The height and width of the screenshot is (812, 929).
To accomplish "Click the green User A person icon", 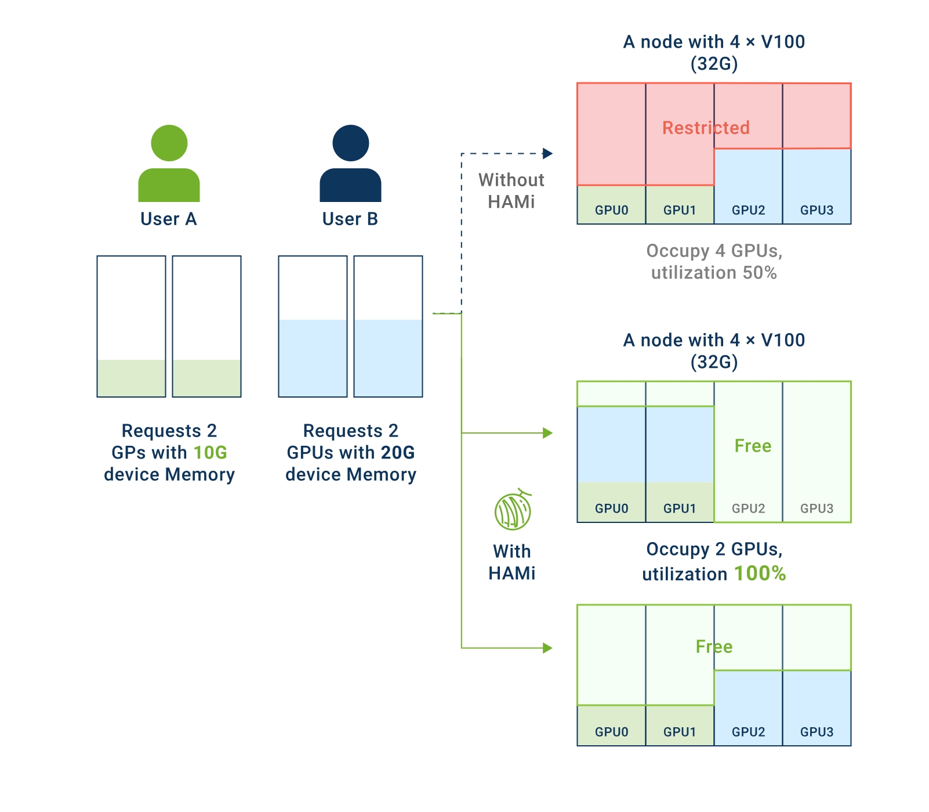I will pyautogui.click(x=169, y=163).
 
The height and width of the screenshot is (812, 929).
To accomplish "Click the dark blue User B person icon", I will pyautogui.click(x=350, y=163).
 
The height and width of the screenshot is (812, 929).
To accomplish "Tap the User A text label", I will pyautogui.click(x=169, y=219).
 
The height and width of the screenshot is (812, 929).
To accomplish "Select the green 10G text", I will pyautogui.click(x=210, y=452).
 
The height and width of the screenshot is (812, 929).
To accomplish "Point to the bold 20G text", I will pyautogui.click(x=398, y=452).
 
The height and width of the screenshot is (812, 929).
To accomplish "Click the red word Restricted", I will pyautogui.click(x=706, y=128).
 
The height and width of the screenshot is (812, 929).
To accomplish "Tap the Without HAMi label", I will pyautogui.click(x=511, y=190).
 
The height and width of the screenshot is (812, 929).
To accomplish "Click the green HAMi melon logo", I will pyautogui.click(x=513, y=510).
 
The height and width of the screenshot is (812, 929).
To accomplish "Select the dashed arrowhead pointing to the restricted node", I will pyautogui.click(x=547, y=154).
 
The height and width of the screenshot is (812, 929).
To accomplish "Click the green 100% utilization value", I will pyautogui.click(x=760, y=573).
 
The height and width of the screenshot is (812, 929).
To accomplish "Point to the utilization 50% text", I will pyautogui.click(x=714, y=273).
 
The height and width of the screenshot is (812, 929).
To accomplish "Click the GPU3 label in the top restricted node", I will pyautogui.click(x=816, y=210).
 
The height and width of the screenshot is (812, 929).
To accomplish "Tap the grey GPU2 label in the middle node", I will pyautogui.click(x=748, y=508).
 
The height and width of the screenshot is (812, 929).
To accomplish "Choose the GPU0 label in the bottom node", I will pyautogui.click(x=611, y=732).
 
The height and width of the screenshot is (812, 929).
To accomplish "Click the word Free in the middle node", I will pyautogui.click(x=753, y=446).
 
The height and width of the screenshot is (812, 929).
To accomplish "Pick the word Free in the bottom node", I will pyautogui.click(x=714, y=647).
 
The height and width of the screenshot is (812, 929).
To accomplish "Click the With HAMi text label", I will pyautogui.click(x=511, y=562).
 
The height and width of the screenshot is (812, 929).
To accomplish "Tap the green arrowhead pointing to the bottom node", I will pyautogui.click(x=547, y=648).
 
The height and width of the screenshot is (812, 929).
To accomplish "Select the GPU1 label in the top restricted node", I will pyautogui.click(x=680, y=210).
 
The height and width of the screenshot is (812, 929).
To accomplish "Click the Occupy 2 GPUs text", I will pyautogui.click(x=714, y=549).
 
